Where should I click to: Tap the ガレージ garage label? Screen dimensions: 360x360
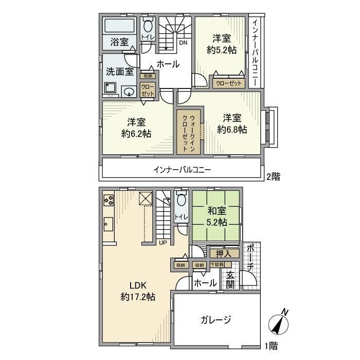(215, 319)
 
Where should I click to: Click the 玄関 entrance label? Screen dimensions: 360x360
(230, 279)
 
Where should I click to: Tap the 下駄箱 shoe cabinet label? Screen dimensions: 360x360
(217, 265)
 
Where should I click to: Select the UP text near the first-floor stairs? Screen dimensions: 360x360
(163, 242)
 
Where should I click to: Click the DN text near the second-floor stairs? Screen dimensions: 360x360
(183, 43)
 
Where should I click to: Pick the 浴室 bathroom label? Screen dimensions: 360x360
(120, 42)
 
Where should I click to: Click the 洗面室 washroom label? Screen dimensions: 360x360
(120, 71)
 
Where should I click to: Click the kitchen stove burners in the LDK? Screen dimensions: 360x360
(109, 200)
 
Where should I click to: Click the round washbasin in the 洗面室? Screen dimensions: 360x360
(129, 92)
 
